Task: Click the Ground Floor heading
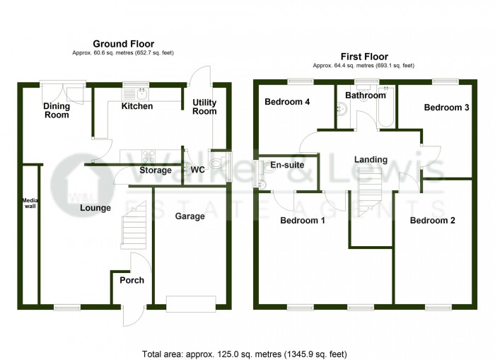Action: tap(124, 44)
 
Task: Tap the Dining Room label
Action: tap(57, 110)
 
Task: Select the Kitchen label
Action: tap(137, 107)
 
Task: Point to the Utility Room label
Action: tap(205, 107)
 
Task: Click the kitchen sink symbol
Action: tap(134, 92)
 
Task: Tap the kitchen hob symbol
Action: tap(149, 157)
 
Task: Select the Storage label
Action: tap(156, 170)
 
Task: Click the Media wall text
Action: tap(29, 203)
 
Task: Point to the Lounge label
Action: tap(93, 208)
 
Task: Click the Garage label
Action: tap(190, 216)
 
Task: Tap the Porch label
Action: tap(132, 280)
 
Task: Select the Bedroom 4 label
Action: tap(287, 102)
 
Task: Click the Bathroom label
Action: tap(366, 95)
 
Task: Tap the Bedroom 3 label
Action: tap(446, 108)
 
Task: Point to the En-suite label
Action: tap(287, 165)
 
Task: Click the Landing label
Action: tap(371, 160)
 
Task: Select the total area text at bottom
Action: tap(245, 353)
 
